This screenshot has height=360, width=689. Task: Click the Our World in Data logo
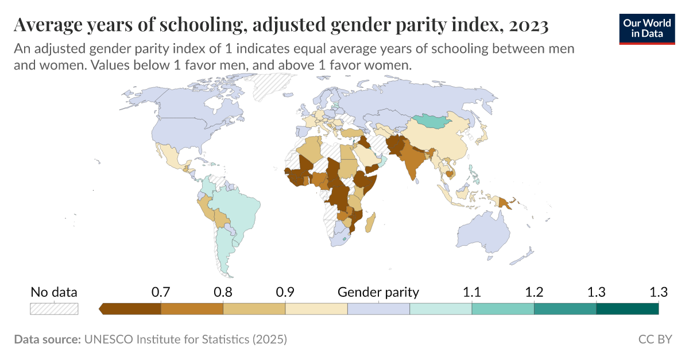point(647,27)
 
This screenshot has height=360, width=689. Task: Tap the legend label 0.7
point(161,292)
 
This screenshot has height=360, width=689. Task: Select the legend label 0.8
point(223,292)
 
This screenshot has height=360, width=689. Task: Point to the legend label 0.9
point(285,292)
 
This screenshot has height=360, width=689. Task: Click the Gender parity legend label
point(378,292)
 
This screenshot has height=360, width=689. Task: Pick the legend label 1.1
point(472,292)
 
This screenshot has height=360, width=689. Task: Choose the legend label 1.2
point(534,292)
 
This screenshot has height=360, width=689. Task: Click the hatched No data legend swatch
point(54,309)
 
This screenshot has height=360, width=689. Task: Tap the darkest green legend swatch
point(627,309)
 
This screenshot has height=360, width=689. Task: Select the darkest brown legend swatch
point(131,309)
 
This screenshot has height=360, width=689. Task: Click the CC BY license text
point(655,339)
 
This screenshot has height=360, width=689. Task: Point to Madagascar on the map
point(371,222)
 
